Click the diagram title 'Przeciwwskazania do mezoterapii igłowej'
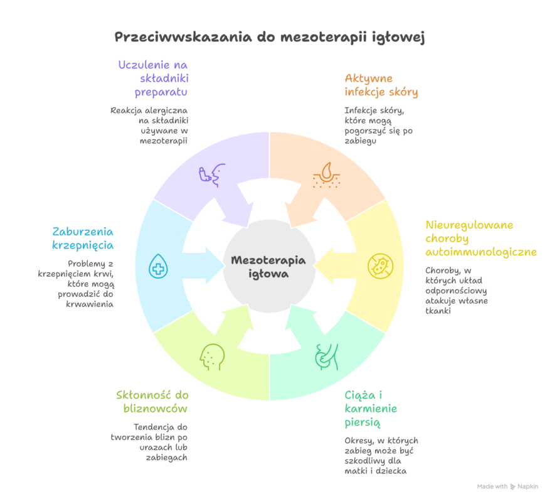click(x=270, y=36)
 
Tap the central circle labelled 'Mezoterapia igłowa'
click(x=269, y=267)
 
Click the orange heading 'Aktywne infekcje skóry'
click(x=381, y=85)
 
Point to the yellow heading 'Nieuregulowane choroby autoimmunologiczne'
click(x=480, y=238)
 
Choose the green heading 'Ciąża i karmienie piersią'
click(x=371, y=409)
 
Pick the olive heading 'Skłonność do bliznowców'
click(x=152, y=402)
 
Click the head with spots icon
click(x=211, y=356)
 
